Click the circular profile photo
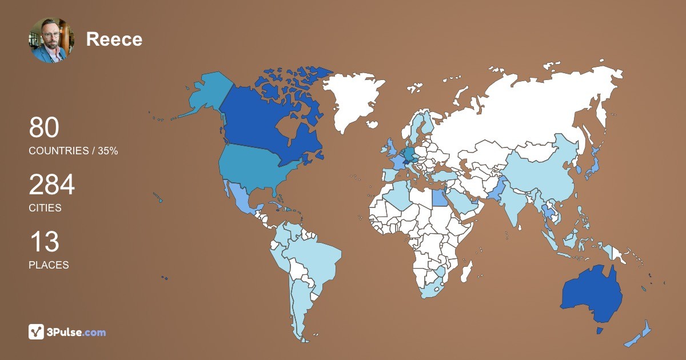pos(51,39)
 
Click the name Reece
pos(114,39)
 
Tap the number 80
pos(44,128)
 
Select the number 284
pos(51,185)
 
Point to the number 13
pos(44,242)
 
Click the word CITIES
pos(45,208)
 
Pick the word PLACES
pos(49,265)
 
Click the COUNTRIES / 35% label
pos(73,151)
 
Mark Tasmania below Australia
pos(600,331)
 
